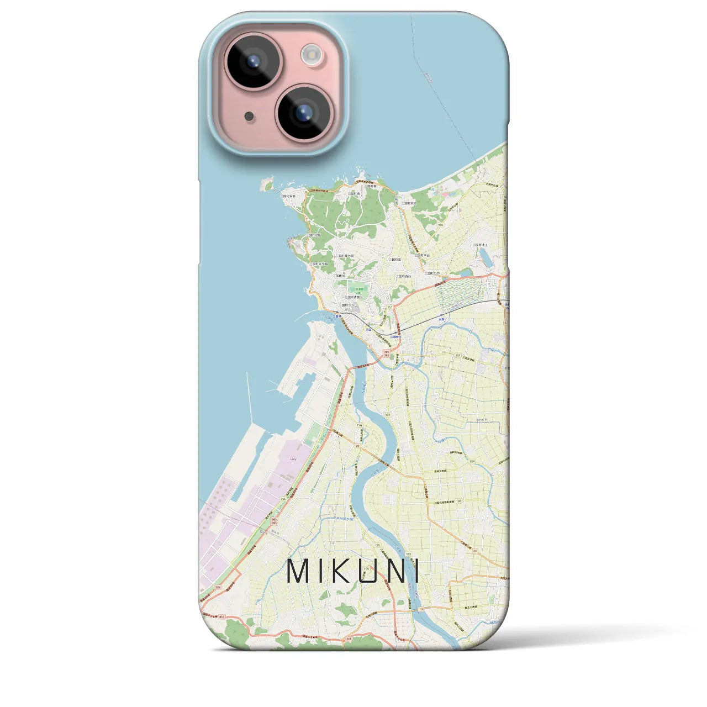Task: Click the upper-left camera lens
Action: (x=253, y=61)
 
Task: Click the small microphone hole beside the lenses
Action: (x=249, y=116)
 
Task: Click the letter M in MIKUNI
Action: (x=298, y=571)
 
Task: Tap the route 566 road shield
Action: (x=440, y=225)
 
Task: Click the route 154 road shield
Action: (x=472, y=461)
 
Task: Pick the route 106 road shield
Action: (x=458, y=502)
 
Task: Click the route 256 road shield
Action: (x=283, y=499)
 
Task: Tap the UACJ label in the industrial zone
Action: (x=293, y=458)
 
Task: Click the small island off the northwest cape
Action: (x=267, y=184)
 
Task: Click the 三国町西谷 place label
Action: (x=404, y=276)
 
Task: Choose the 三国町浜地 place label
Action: (x=410, y=203)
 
